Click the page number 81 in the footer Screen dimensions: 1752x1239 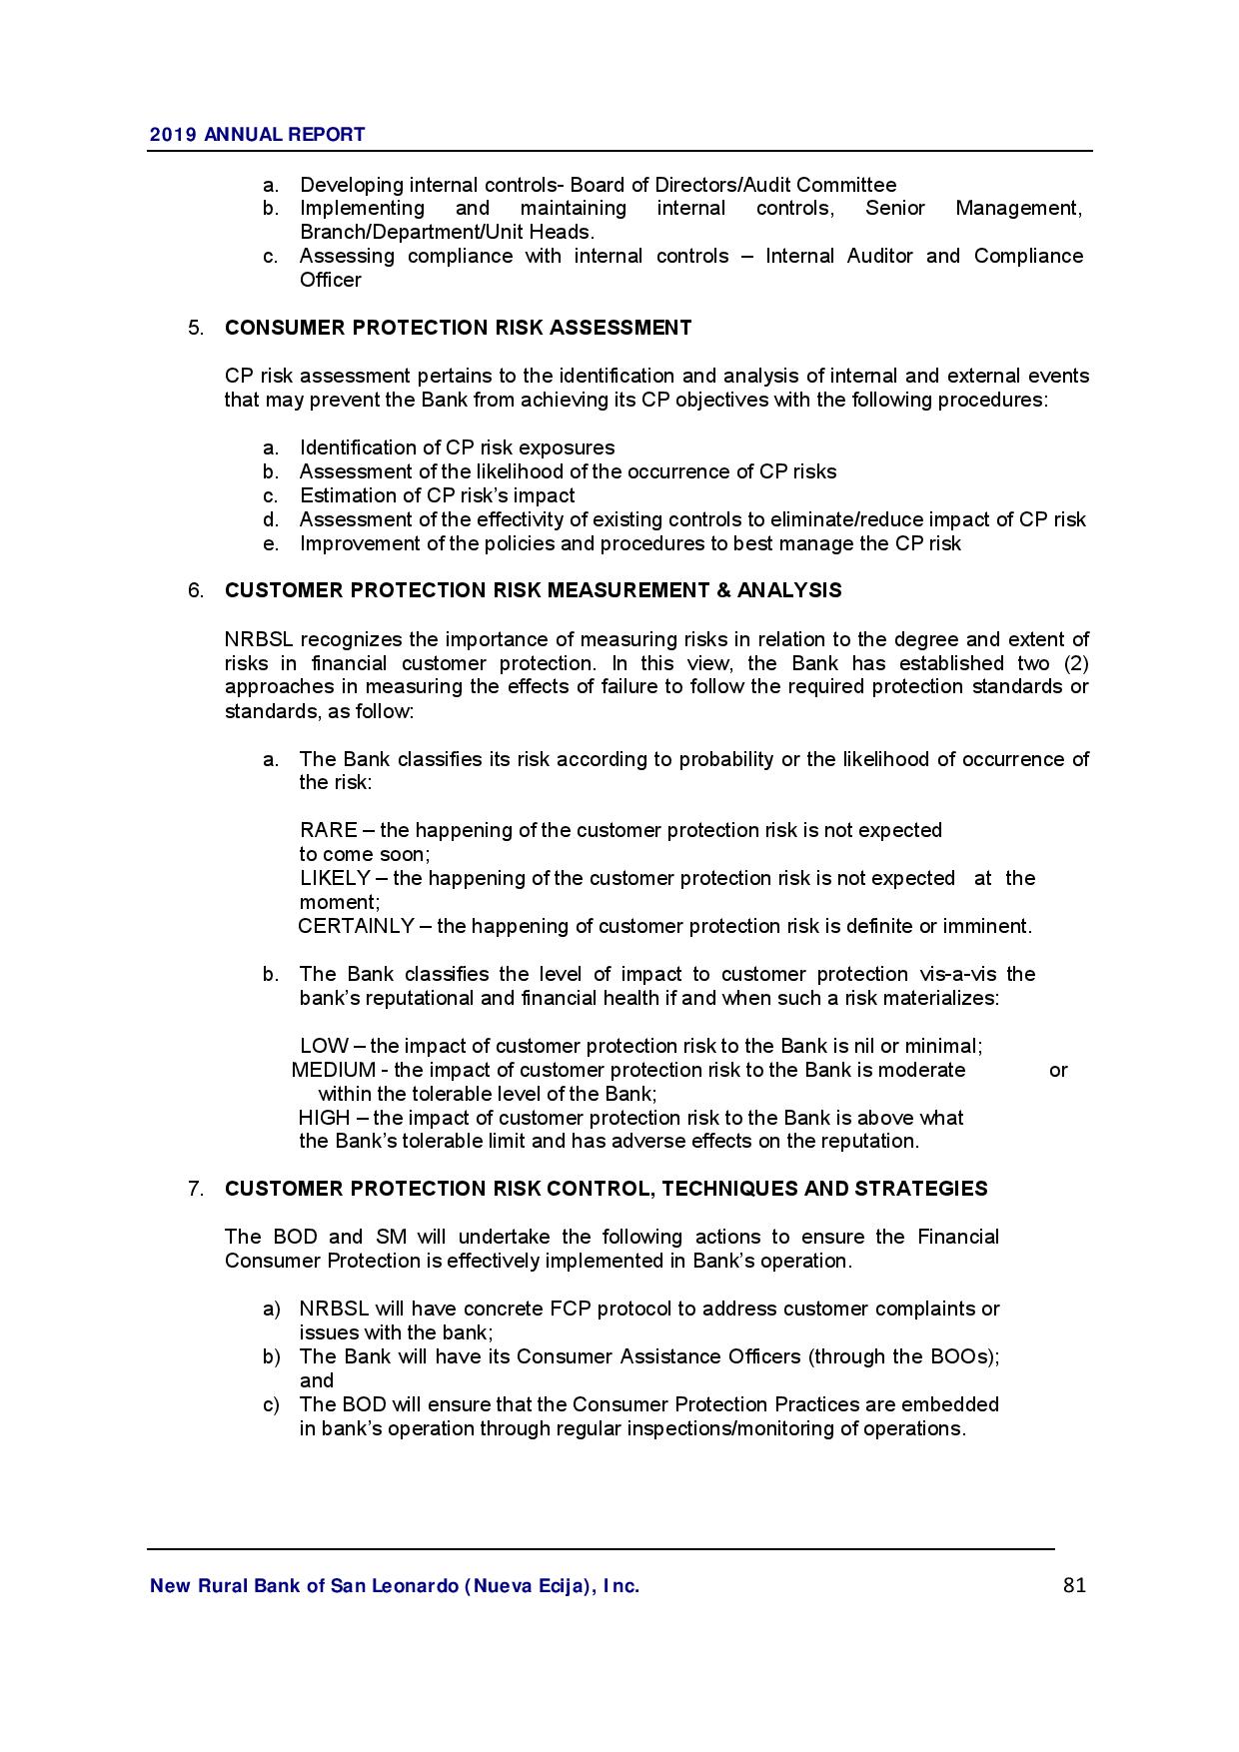point(1074,1585)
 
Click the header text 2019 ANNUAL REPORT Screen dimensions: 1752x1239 point(257,135)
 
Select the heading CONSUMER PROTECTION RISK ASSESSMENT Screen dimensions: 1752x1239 point(458,328)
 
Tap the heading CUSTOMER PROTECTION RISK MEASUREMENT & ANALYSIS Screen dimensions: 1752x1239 point(533,590)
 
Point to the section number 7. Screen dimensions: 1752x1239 point(196,1189)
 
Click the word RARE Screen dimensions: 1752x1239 point(328,830)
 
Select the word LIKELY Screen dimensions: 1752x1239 point(335,878)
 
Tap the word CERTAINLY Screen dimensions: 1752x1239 point(356,926)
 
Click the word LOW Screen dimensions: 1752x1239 point(324,1046)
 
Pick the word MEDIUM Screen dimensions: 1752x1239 point(333,1070)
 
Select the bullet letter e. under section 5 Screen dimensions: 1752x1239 point(271,543)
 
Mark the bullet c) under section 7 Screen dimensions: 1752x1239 point(271,1404)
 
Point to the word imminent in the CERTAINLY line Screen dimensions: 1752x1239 point(989,926)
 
